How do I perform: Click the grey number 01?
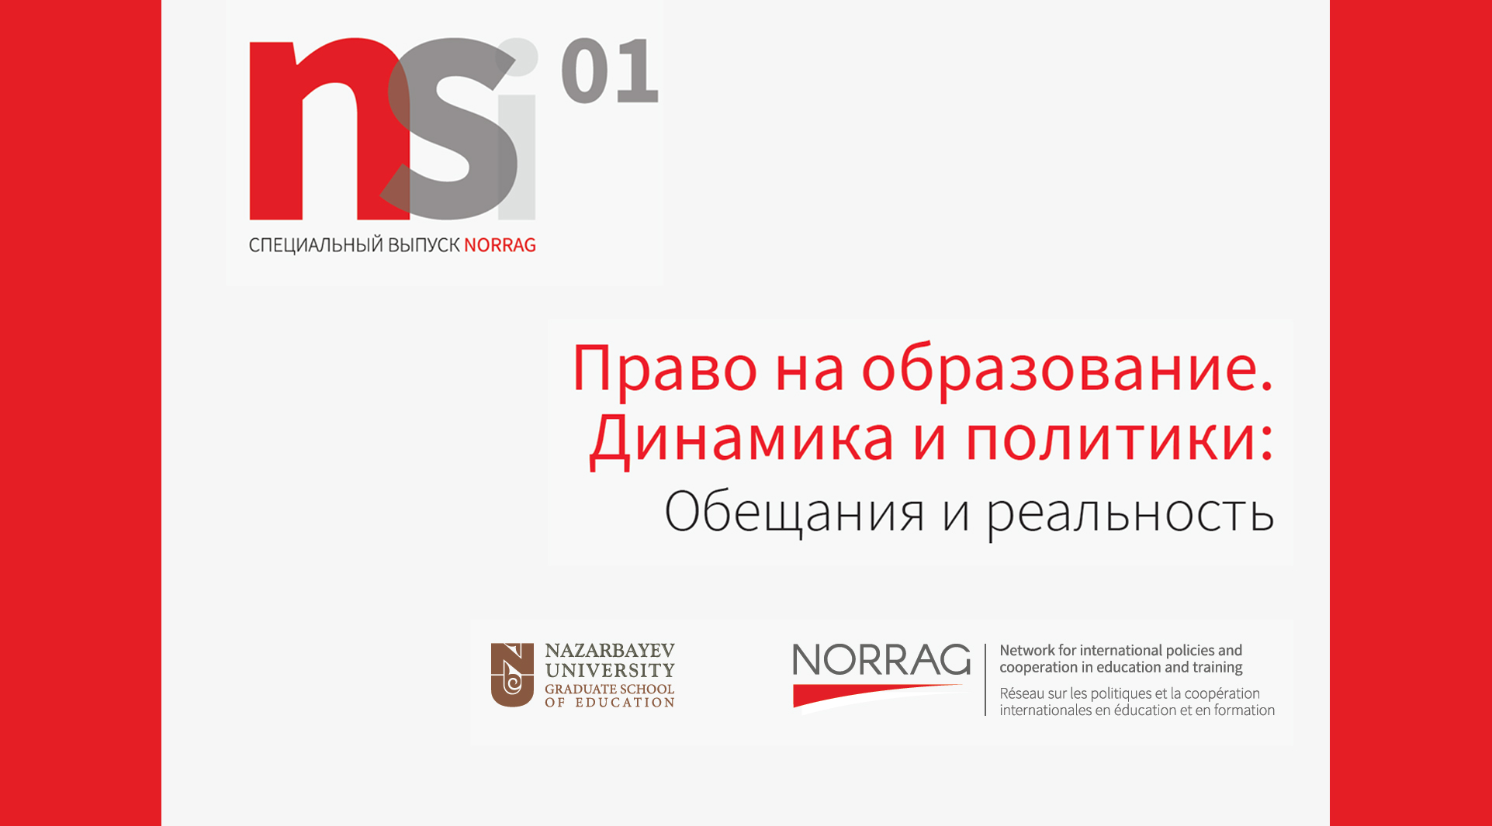coord(610,71)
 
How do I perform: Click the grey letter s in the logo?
coord(452,129)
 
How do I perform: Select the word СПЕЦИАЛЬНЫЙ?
coord(316,245)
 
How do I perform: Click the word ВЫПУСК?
coord(424,245)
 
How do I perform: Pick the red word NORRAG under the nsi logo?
coord(500,245)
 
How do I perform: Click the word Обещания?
coord(794,512)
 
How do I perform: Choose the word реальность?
coord(1130,513)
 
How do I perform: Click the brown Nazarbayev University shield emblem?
coord(512,675)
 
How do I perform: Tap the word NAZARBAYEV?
coord(610,651)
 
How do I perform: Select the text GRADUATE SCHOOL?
coord(610,689)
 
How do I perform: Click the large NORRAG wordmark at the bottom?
coord(881,661)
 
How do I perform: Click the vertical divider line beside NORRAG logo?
coord(985,679)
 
